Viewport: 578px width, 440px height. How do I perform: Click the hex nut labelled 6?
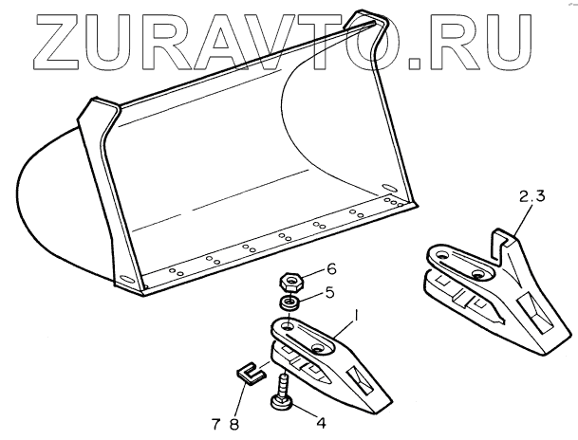(x=291, y=283)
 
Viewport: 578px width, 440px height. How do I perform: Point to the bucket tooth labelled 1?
(x=332, y=365)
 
